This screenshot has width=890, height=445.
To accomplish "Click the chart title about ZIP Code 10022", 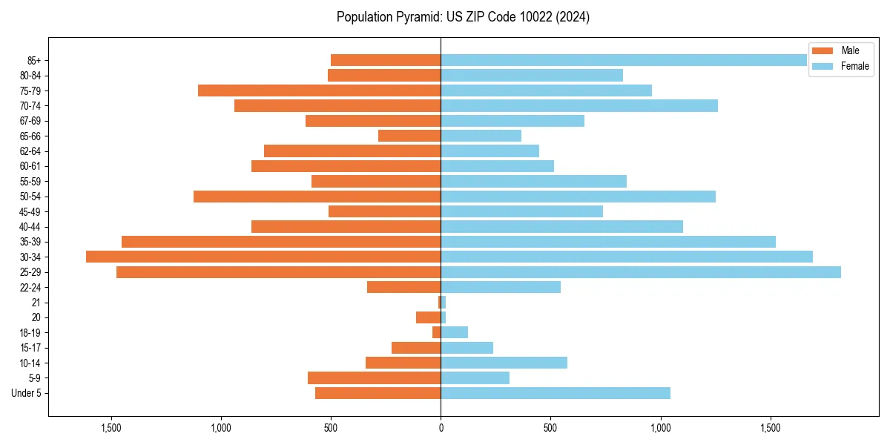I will point(463,17).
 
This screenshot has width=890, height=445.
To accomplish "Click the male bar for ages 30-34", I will point(263,257).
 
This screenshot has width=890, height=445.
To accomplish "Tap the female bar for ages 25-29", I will point(641,272).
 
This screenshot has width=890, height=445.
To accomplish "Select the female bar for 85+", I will point(624,60).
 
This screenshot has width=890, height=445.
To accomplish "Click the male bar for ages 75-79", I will point(319,90).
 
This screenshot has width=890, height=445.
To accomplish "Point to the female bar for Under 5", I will point(556,393).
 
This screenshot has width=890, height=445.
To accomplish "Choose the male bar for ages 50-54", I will point(317,197).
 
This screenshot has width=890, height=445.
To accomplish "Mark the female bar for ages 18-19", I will point(455,332).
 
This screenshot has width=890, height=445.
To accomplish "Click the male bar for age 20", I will point(429,317).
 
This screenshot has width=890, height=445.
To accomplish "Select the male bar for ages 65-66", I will point(409,136).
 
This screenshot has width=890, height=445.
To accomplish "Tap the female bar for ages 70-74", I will point(579,106).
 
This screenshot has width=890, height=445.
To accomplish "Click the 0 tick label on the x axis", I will point(441,428).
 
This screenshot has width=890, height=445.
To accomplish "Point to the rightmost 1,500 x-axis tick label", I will point(771,428).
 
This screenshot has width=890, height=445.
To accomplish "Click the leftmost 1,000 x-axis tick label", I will point(221,428).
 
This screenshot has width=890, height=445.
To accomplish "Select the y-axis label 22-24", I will point(30,287).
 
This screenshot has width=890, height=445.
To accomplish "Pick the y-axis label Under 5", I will point(27,393).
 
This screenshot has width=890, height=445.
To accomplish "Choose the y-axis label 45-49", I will point(30,211).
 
